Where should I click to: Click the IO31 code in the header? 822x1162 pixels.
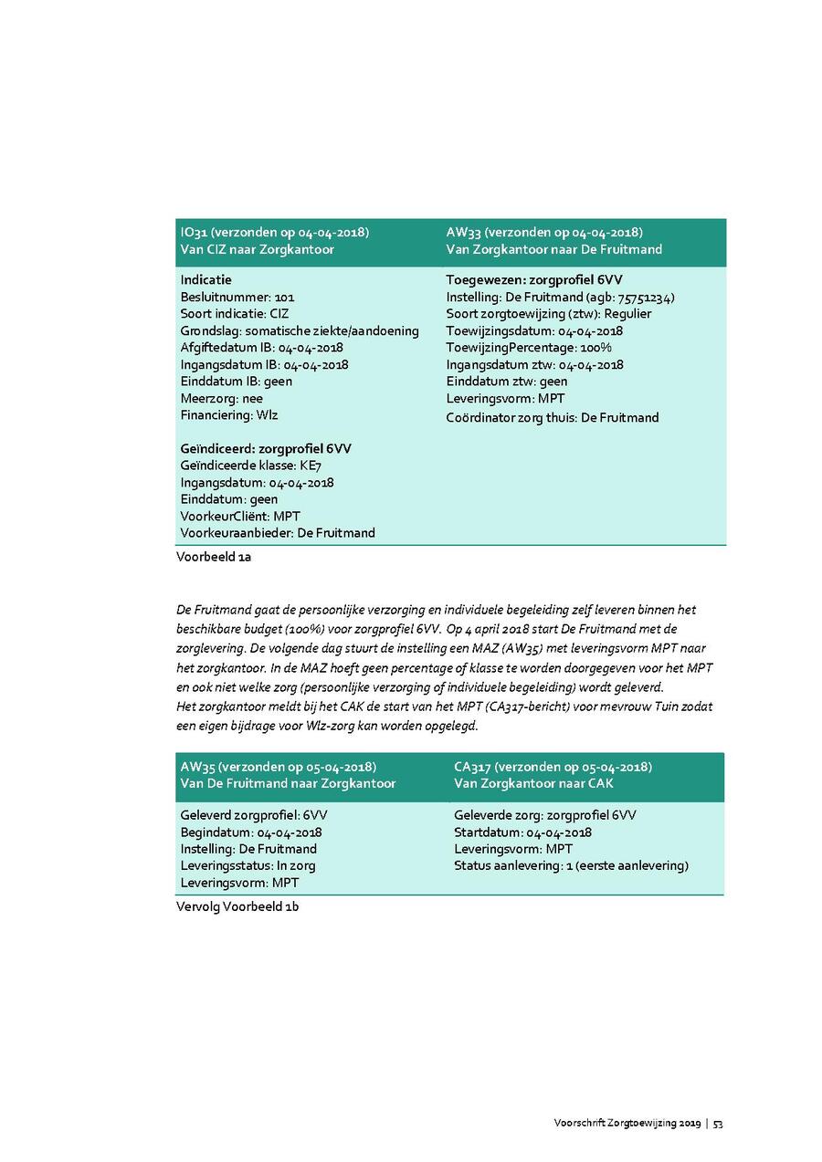click(x=194, y=232)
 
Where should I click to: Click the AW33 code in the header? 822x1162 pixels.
click(x=463, y=232)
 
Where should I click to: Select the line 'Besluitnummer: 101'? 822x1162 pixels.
click(x=237, y=297)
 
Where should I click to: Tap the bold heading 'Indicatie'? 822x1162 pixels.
click(x=205, y=280)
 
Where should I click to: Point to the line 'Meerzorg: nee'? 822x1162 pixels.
click(x=221, y=398)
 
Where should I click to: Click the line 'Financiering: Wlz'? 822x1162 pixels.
click(x=229, y=415)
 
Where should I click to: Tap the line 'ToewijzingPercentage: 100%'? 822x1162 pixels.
click(x=529, y=348)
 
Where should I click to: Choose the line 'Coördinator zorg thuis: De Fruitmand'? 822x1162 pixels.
click(x=552, y=417)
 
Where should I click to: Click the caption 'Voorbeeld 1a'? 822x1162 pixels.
click(x=214, y=557)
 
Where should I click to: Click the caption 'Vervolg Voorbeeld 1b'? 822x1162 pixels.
click(x=237, y=907)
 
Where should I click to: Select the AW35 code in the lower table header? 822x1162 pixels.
click(x=196, y=767)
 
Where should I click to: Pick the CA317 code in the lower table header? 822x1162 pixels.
click(x=472, y=767)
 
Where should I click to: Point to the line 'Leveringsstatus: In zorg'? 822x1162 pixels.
click(x=248, y=865)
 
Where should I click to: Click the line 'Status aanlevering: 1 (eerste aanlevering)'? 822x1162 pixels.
click(x=571, y=865)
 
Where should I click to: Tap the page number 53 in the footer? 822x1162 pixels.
click(x=718, y=1124)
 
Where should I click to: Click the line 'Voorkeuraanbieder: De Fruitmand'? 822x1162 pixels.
click(x=278, y=532)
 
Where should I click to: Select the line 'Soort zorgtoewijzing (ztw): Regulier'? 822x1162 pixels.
click(x=549, y=314)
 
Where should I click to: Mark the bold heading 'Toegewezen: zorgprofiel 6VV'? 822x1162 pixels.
click(x=534, y=280)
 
